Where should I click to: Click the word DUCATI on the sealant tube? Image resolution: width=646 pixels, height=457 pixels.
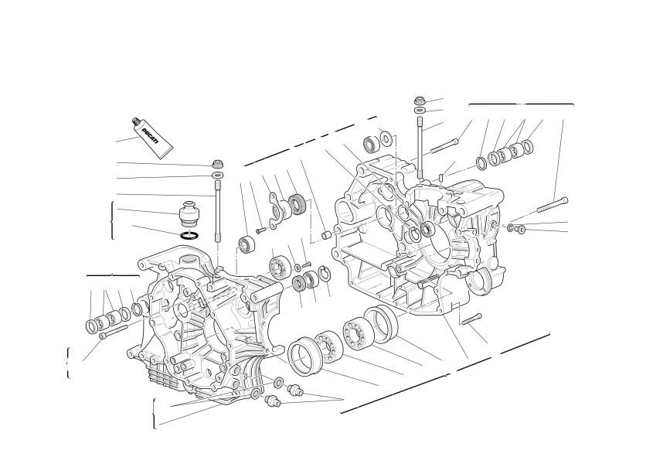151,136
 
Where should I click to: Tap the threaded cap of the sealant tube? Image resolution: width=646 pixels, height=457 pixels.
135,121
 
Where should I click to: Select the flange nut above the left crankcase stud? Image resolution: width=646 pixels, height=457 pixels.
218,163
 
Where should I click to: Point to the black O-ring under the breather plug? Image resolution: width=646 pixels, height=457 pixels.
189,236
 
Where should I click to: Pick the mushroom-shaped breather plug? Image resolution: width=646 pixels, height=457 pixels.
189,213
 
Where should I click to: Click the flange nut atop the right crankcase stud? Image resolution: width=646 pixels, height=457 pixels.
420,100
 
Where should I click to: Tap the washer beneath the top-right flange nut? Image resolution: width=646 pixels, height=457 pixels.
420,110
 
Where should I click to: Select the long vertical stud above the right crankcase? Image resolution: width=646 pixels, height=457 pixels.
420,148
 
